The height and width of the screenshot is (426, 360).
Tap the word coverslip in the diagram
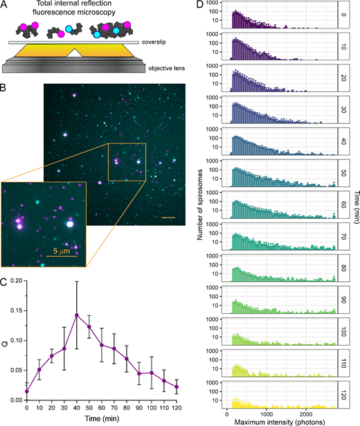tap(161, 42)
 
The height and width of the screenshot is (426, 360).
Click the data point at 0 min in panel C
tap(27, 391)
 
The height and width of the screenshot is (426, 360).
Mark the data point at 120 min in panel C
tap(177, 387)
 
